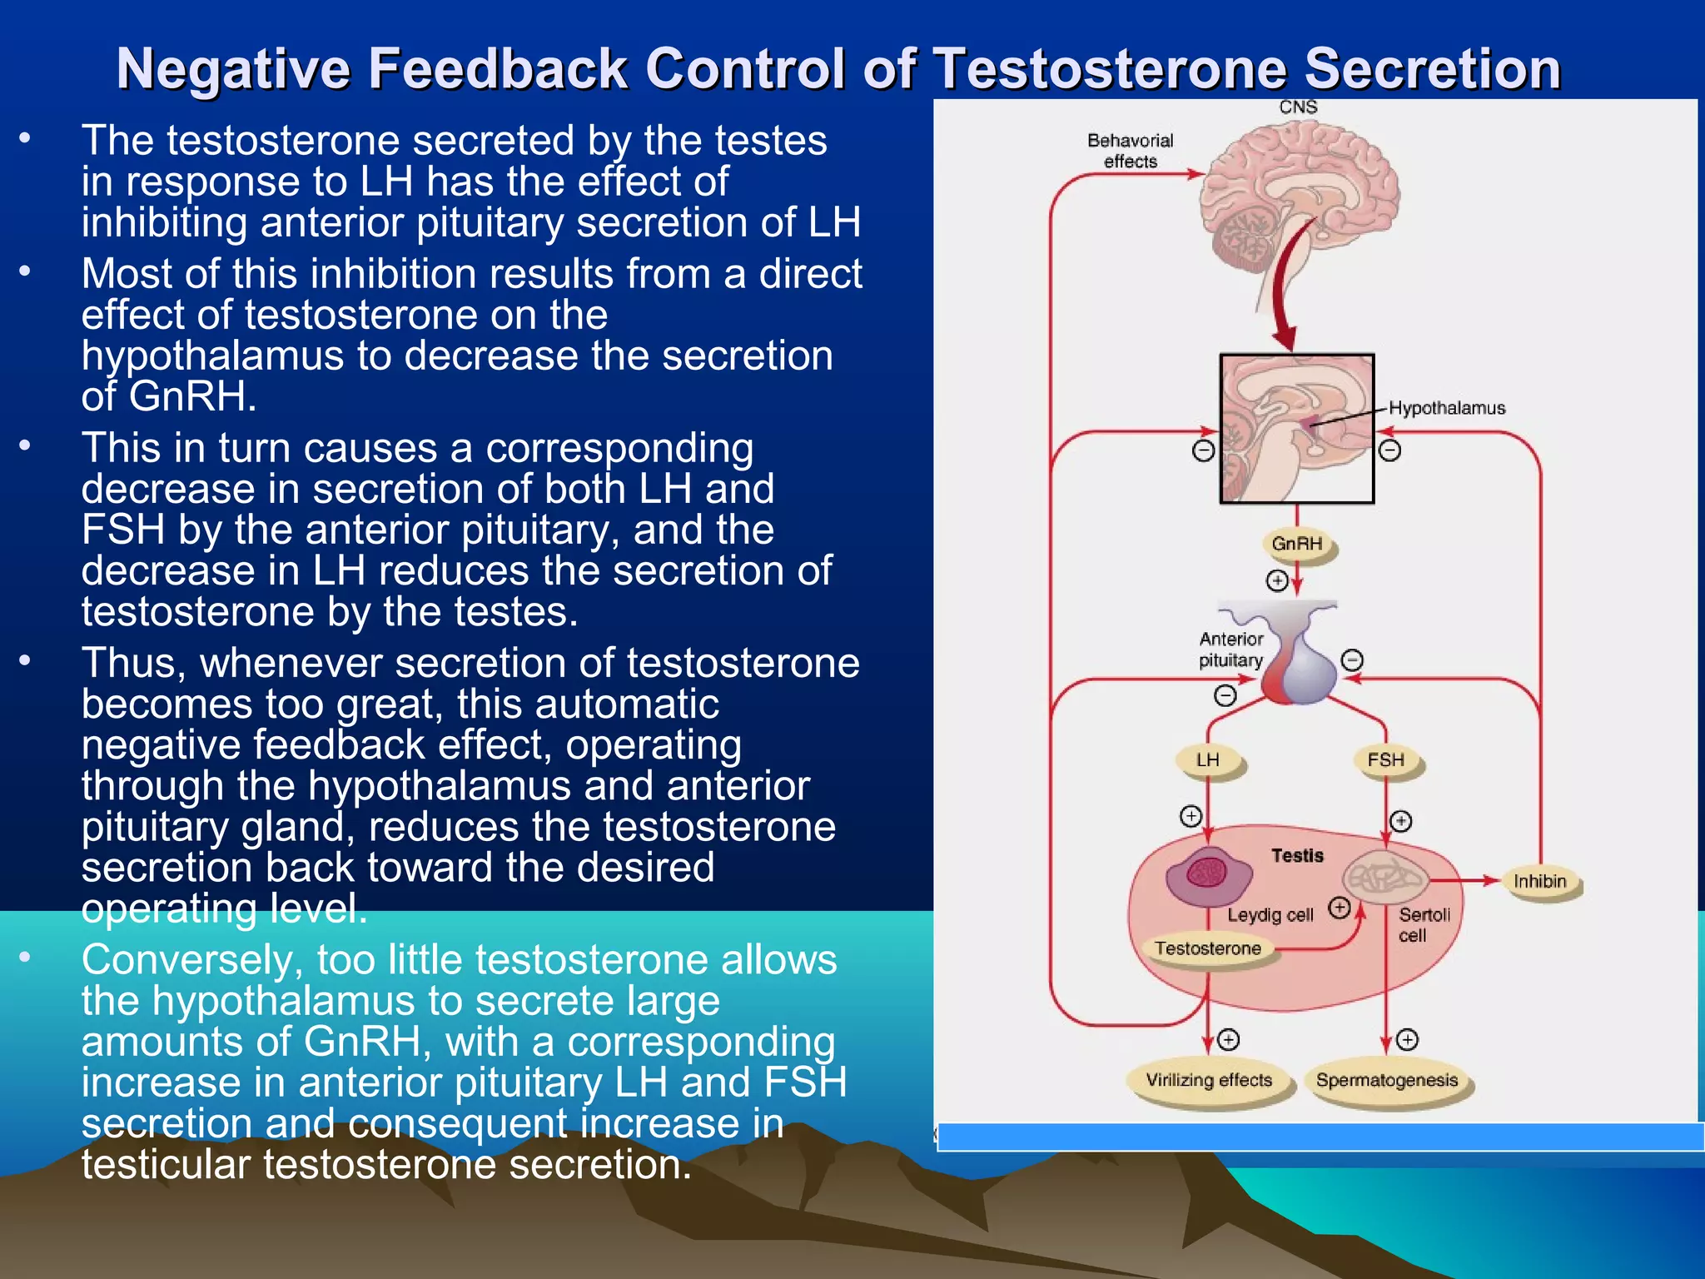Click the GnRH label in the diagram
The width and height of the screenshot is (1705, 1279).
tap(1297, 544)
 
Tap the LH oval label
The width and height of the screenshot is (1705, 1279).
tap(1208, 759)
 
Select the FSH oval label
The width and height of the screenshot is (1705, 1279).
tap(1386, 759)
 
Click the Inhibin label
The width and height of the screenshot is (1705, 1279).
tap(1540, 881)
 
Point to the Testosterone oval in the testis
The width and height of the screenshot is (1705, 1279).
tap(1208, 948)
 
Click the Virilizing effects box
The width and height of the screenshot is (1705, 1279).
tap(1209, 1080)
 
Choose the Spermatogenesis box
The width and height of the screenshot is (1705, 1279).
tap(1387, 1080)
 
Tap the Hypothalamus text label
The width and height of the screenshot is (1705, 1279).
tap(1447, 408)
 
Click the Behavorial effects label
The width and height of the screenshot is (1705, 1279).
tap(1131, 151)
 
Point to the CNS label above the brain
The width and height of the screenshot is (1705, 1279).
tap(1298, 107)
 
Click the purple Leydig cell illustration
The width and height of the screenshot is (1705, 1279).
tap(1208, 875)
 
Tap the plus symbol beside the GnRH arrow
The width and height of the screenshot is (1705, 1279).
tap(1277, 580)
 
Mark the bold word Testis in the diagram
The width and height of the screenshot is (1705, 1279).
tap(1297, 855)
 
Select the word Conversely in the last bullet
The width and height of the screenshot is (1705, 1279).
tap(192, 960)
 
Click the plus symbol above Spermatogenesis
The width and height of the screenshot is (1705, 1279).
tap(1407, 1039)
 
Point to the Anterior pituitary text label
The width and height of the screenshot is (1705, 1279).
tap(1231, 649)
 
